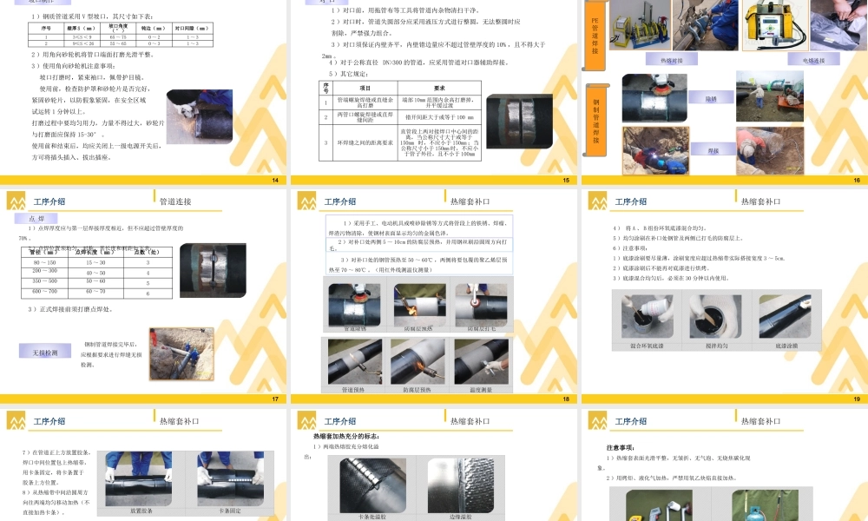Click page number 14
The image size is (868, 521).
click(x=275, y=180)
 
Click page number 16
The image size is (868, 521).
click(x=856, y=180)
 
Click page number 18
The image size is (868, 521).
click(x=566, y=399)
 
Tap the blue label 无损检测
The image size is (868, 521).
click(x=45, y=353)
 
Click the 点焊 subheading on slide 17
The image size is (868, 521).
click(x=37, y=220)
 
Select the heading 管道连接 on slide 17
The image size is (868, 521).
click(x=176, y=201)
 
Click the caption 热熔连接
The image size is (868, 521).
click(x=672, y=60)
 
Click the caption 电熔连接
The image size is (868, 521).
click(x=813, y=60)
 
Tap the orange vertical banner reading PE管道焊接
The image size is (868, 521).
click(x=595, y=36)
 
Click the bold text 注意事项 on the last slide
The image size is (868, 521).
click(x=621, y=447)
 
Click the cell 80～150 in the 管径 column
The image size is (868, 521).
click(x=44, y=261)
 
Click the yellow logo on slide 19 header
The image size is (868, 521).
click(x=596, y=202)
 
